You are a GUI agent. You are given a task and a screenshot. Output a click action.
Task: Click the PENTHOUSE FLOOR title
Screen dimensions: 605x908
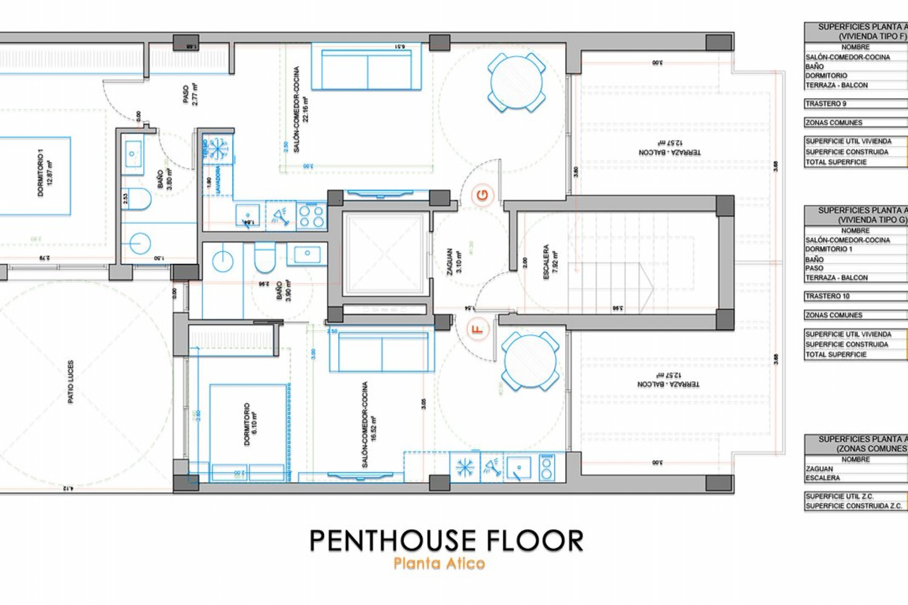pyautogui.click(x=446, y=541)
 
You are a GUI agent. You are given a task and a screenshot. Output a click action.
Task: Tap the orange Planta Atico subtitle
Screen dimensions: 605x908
pyautogui.click(x=439, y=563)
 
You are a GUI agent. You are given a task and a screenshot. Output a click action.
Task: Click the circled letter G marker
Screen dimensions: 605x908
pyautogui.click(x=482, y=195)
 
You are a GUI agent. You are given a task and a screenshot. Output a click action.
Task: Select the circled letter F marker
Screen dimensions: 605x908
pyautogui.click(x=478, y=328)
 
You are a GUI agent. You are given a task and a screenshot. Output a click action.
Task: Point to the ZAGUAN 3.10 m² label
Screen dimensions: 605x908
pyautogui.click(x=454, y=261)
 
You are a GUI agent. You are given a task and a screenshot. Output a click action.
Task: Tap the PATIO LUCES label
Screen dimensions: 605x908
pyautogui.click(x=71, y=382)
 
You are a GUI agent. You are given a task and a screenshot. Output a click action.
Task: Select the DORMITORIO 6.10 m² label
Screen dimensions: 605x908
pyautogui.click(x=250, y=424)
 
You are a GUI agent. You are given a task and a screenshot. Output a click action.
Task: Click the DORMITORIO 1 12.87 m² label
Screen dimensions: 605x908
pyautogui.click(x=45, y=173)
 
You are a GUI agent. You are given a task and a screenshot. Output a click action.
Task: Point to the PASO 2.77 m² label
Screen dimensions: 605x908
pyautogui.click(x=190, y=94)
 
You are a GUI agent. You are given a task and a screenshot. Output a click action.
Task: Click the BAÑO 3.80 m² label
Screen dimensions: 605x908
pyautogui.click(x=165, y=180)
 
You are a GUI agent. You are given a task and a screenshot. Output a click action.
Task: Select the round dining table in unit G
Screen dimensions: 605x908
pyautogui.click(x=516, y=83)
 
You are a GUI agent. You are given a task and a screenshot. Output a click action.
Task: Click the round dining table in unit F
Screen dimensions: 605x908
pyautogui.click(x=530, y=361)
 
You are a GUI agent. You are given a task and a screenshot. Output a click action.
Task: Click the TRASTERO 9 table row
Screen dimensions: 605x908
pyautogui.click(x=855, y=104)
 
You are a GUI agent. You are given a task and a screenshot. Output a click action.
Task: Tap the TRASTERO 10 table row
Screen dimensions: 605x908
pyautogui.click(x=855, y=296)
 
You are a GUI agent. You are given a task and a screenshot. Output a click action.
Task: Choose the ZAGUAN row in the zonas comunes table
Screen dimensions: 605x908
pyautogui.click(x=855, y=469)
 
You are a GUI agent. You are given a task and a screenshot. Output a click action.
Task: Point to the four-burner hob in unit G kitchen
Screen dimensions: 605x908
pyautogui.click(x=312, y=216)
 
